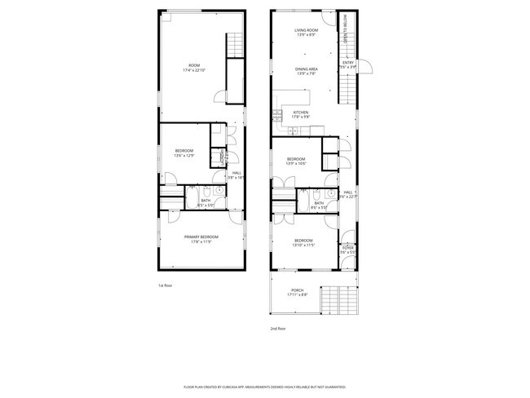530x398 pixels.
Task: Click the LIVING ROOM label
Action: [x=305, y=33]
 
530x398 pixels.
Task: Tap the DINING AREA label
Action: [x=305, y=71]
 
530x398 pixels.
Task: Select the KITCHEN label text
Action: [x=300, y=114]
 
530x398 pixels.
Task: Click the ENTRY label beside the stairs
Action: [x=348, y=64]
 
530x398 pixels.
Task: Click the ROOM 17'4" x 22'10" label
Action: [x=193, y=68]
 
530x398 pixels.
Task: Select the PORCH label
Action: [x=297, y=293]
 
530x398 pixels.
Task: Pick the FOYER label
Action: [x=348, y=248]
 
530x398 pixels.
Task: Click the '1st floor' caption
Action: [x=165, y=285]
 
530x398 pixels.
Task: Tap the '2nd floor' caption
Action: [x=278, y=329]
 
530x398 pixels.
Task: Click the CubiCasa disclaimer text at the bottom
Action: [x=265, y=387]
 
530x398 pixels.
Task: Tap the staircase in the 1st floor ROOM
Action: [x=235, y=45]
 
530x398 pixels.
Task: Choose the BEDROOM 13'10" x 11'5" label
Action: [x=303, y=242]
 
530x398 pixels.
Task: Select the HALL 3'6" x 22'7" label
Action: [x=348, y=194]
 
